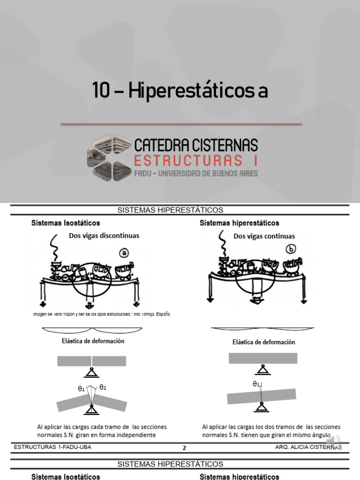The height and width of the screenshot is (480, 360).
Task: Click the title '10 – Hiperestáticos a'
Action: tap(180, 90)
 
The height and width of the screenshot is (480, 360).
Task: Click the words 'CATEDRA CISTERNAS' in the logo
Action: tap(195, 145)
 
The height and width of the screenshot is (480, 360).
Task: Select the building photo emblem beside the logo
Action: tap(109, 157)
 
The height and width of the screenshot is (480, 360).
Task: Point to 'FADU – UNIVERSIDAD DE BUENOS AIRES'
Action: tap(195, 173)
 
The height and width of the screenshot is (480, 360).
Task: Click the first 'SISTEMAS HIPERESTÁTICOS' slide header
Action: tap(170, 210)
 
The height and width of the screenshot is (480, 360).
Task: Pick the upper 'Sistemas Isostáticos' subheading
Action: tap(66, 223)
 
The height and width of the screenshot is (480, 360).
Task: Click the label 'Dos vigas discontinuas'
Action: tap(104, 236)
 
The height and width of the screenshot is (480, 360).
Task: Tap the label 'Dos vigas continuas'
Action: tap(264, 236)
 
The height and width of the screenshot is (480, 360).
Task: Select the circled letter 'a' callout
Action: tap(124, 253)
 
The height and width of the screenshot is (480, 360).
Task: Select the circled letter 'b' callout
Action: tap(291, 249)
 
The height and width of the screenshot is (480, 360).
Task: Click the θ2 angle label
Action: tap(103, 388)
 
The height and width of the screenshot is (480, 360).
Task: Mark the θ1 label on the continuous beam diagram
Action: tap(256, 384)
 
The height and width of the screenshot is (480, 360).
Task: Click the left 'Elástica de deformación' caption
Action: tap(93, 341)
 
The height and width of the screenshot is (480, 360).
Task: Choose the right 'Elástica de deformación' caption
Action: tap(264, 342)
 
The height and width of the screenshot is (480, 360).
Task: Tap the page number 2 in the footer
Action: tap(184, 448)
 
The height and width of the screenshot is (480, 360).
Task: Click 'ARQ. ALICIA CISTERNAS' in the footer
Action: tap(308, 447)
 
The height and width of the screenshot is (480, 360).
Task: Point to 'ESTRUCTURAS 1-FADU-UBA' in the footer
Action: tap(52, 447)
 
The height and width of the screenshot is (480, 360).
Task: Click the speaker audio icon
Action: tap(334, 441)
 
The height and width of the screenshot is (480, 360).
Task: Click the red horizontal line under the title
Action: tap(181, 124)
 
